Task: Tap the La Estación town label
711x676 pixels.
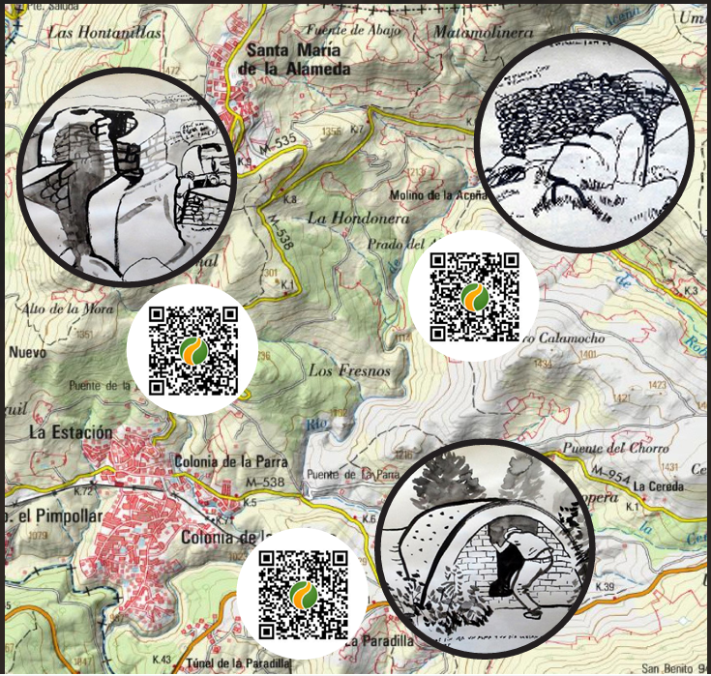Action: [71, 432]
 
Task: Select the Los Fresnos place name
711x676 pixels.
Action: [336, 370]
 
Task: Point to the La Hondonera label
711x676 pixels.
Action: [357, 219]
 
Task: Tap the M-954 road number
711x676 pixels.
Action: [609, 474]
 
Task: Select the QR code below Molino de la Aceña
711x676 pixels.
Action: [474, 296]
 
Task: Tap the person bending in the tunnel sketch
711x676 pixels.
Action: [511, 566]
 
